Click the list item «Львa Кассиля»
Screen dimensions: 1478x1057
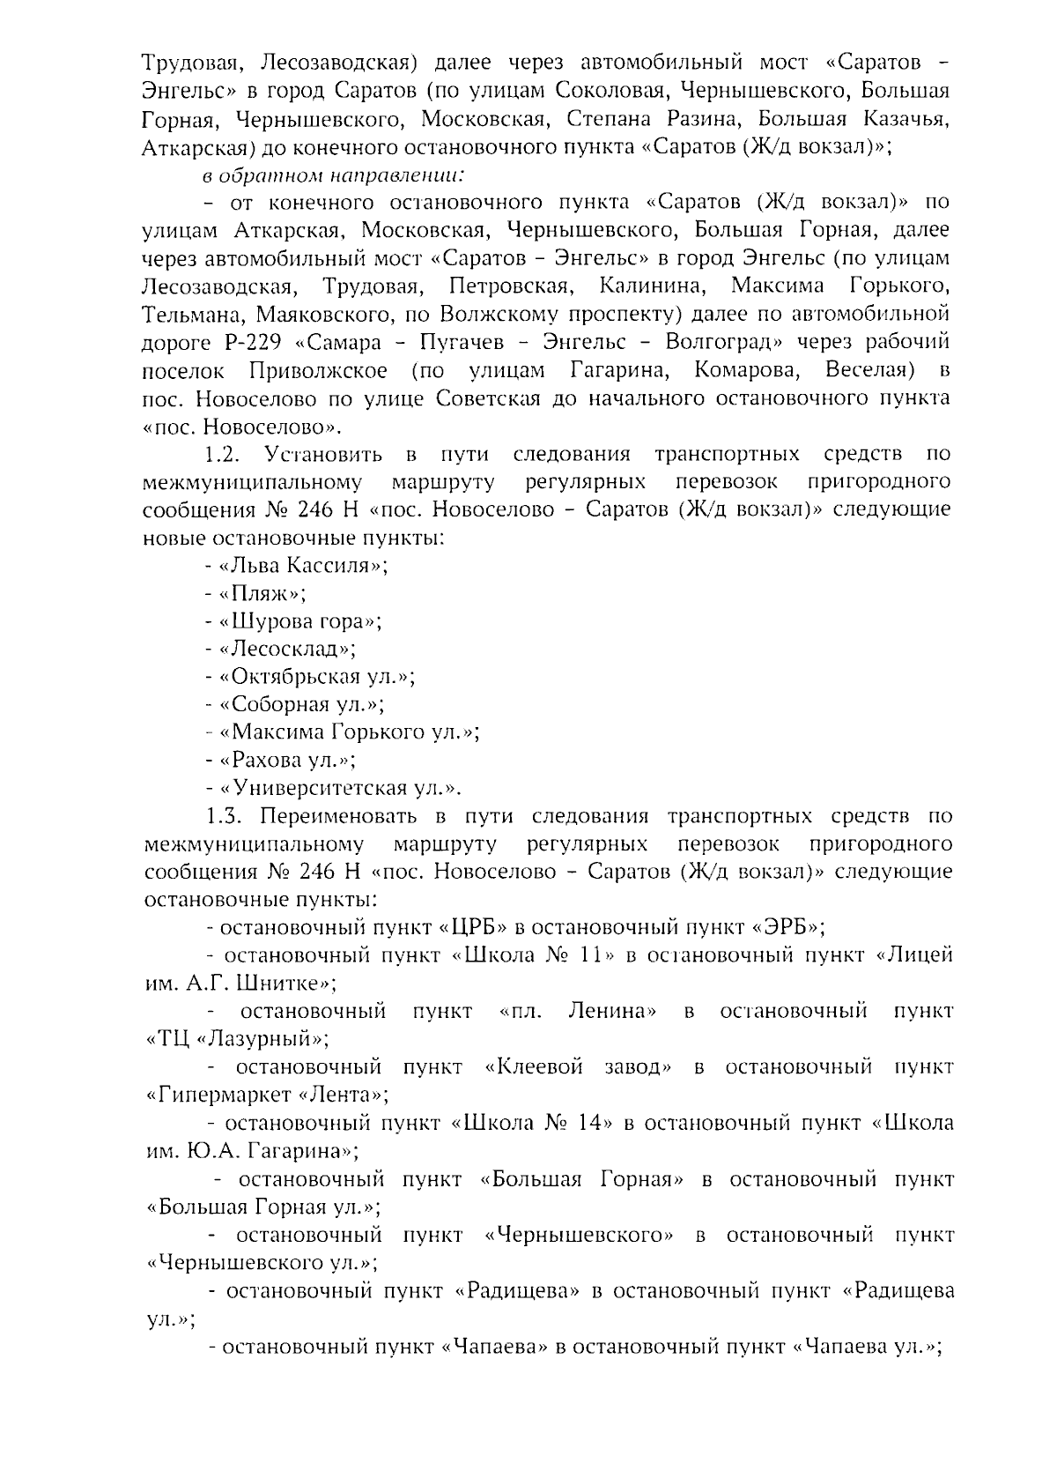(x=303, y=565)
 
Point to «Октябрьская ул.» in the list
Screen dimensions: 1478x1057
(x=316, y=677)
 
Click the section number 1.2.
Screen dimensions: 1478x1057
(x=221, y=455)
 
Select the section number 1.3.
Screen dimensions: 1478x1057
(x=221, y=816)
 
